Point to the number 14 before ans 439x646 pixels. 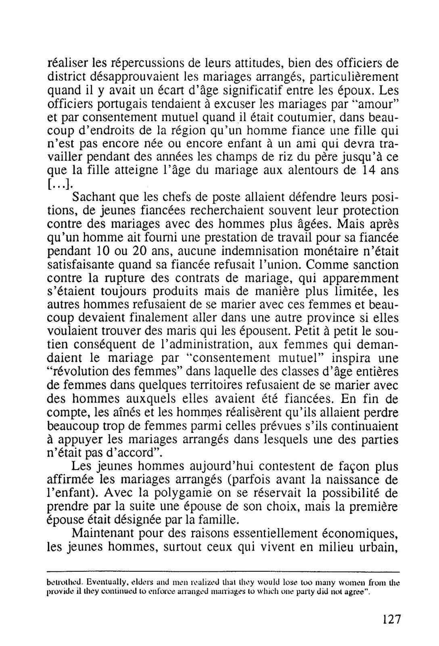pos(368,170)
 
